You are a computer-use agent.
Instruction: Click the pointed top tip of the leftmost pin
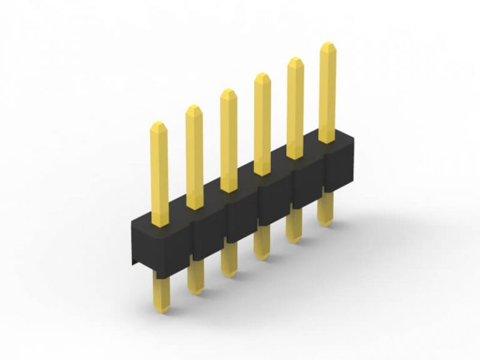[x=159, y=122]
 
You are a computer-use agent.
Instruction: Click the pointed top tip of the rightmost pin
[x=328, y=43]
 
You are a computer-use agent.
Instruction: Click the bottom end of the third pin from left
[x=229, y=276]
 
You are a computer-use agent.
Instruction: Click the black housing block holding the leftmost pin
[x=159, y=247]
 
